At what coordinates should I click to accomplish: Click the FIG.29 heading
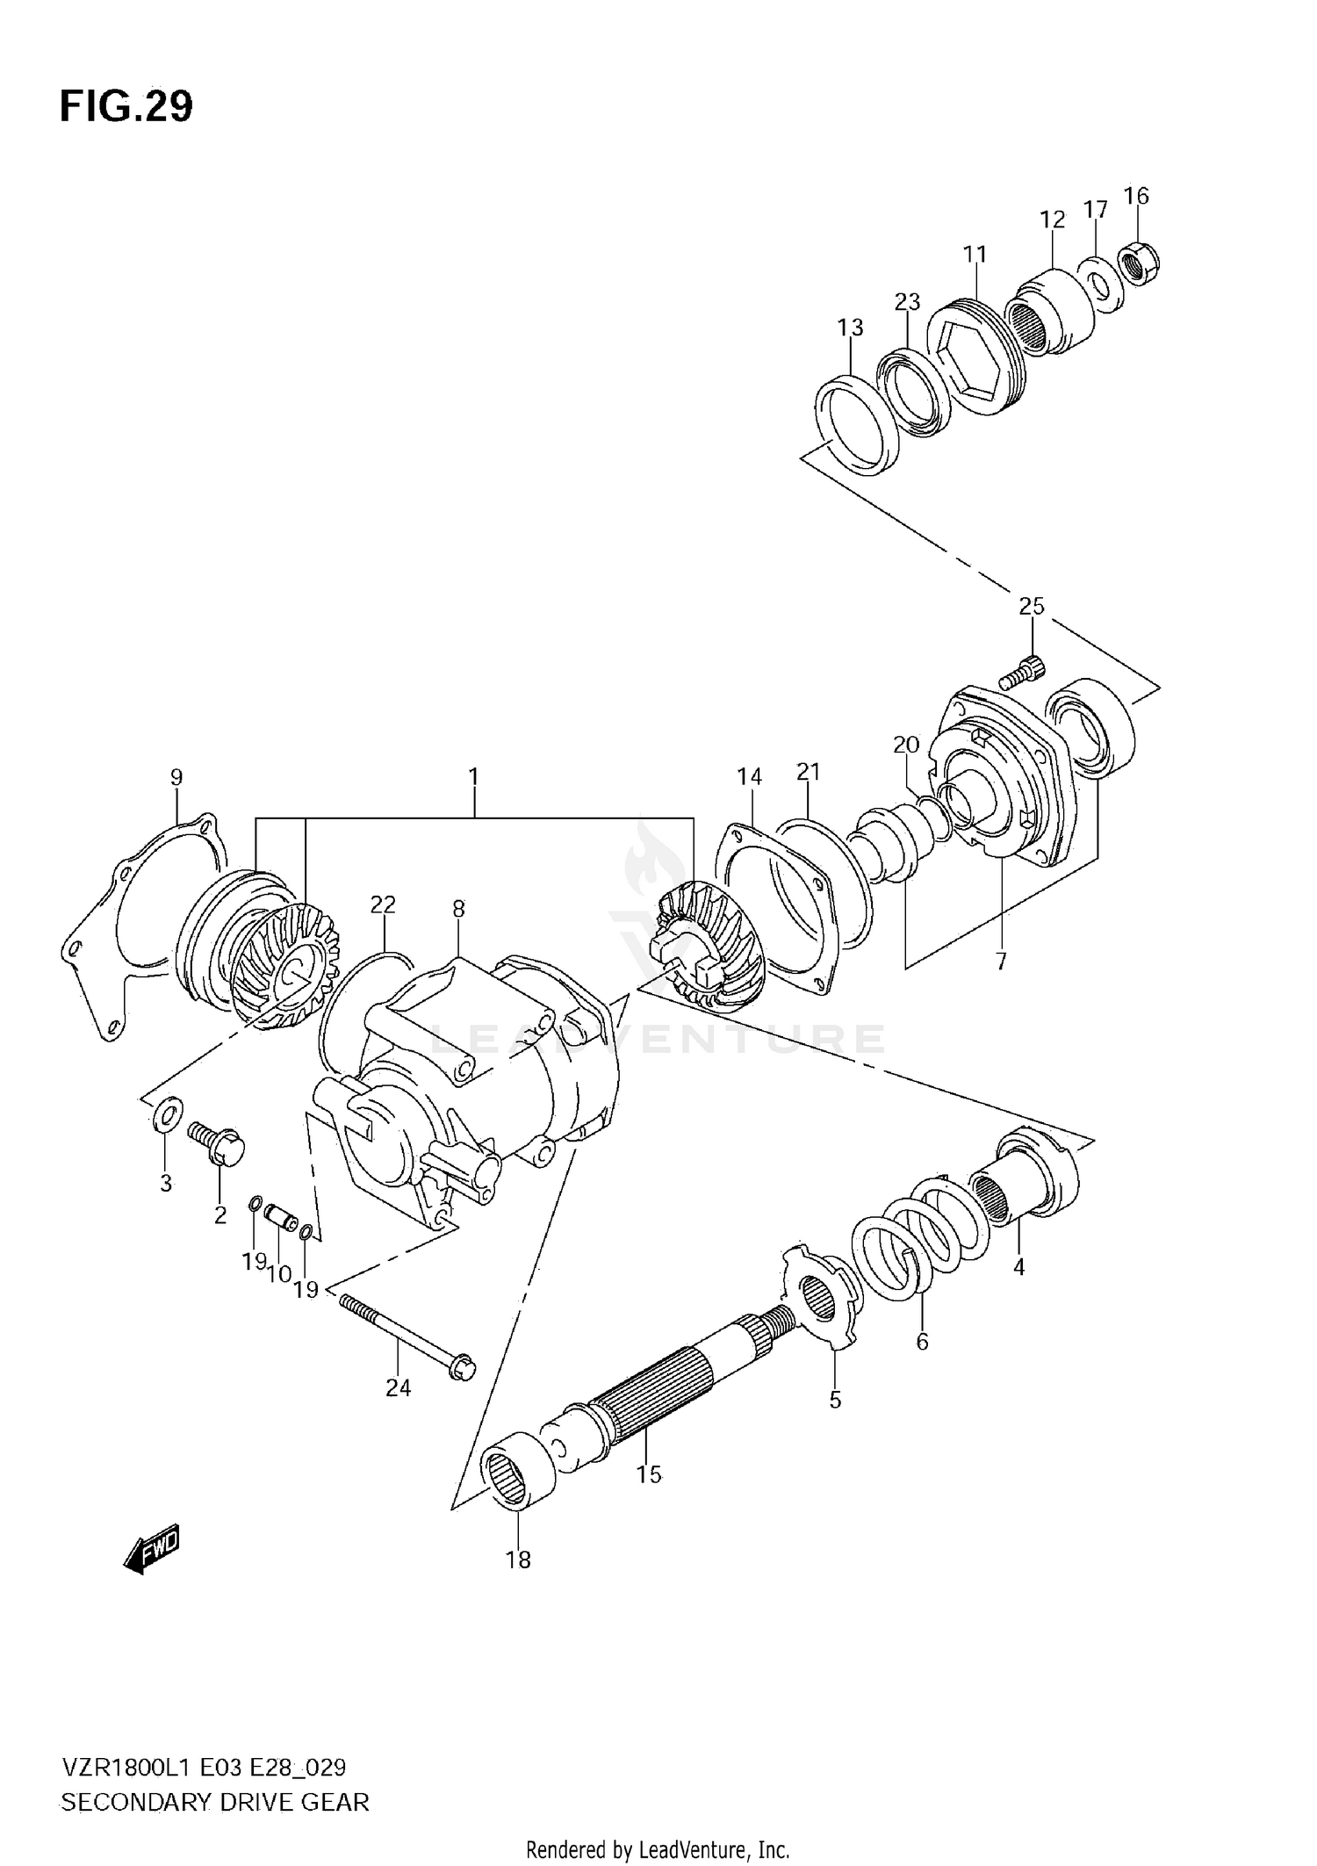point(126,106)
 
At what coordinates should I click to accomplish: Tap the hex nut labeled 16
point(1140,263)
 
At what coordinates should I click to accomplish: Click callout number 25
point(1032,606)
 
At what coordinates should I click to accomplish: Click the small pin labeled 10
point(281,1219)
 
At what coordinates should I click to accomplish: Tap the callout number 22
point(383,904)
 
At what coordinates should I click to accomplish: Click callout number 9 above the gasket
point(176,777)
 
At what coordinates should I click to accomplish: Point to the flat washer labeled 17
point(1097,283)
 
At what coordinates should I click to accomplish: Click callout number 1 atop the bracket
point(473,776)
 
